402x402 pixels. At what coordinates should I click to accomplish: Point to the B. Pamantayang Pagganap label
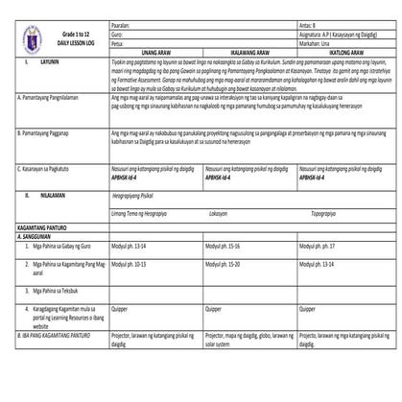pos(45,146)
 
